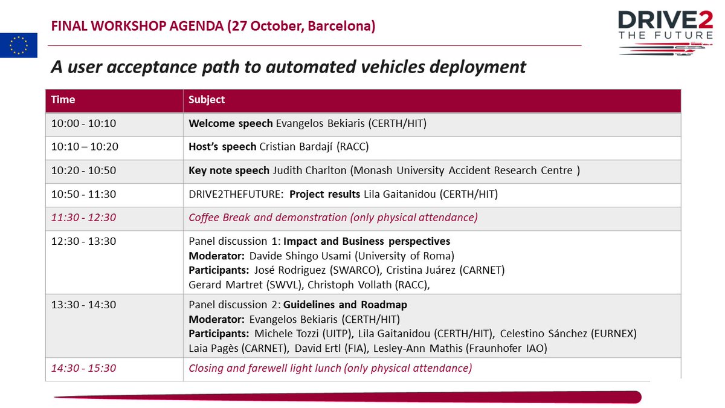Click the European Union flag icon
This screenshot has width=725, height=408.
click(x=19, y=45)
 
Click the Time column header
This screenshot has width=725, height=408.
click(x=63, y=100)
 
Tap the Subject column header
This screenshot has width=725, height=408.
click(x=207, y=100)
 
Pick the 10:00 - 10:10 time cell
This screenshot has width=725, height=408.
click(x=83, y=124)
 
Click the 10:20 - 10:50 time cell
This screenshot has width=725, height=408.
click(x=83, y=170)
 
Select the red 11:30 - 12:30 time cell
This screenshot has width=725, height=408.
click(x=83, y=218)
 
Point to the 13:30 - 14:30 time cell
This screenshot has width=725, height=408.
click(x=83, y=304)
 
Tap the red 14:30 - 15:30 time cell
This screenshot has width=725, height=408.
click(x=83, y=368)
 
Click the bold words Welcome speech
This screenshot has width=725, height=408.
click(x=231, y=124)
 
